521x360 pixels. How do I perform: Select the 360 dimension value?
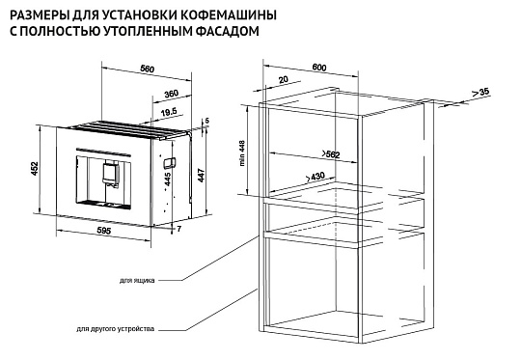point(171,94)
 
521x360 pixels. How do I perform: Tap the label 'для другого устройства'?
point(115,327)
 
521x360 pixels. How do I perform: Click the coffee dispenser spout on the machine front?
point(108,174)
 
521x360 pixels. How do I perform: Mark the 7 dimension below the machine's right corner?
point(179,228)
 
